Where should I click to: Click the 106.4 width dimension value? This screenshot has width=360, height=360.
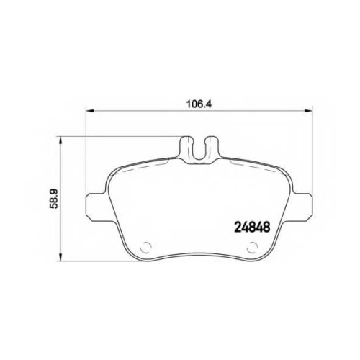coord(199,104)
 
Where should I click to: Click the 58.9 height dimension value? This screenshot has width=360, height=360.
coord(54,199)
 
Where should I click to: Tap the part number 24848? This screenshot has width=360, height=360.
coord(252,227)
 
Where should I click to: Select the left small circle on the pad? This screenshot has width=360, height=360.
coord(145,247)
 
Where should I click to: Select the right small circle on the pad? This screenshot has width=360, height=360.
coord(252,247)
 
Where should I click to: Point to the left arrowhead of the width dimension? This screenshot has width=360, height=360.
coord(89,111)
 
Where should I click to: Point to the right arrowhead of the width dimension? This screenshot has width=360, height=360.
coord(309,111)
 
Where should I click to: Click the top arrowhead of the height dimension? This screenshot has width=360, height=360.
coord(61,140)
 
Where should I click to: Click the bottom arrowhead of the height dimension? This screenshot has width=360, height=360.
coord(61,257)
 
